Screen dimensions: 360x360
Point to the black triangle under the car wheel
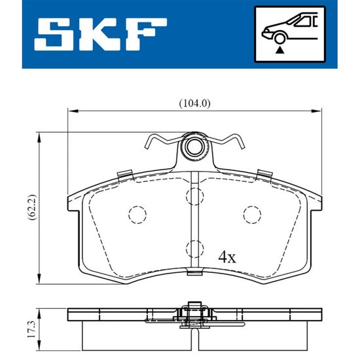pyautogui.click(x=279, y=50)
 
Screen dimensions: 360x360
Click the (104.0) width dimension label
pyautogui.click(x=194, y=103)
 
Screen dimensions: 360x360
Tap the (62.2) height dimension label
pyautogui.click(x=32, y=208)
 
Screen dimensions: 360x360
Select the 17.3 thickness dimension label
pyautogui.click(x=31, y=329)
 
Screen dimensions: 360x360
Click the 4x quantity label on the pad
pyautogui.click(x=227, y=257)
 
